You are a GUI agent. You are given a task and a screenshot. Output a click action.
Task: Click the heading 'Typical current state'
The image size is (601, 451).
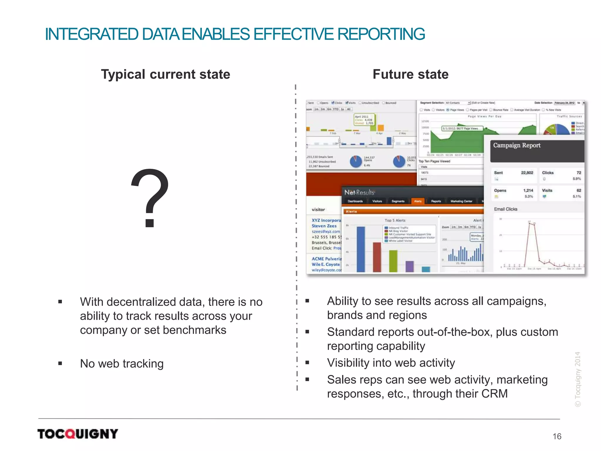click(x=166, y=74)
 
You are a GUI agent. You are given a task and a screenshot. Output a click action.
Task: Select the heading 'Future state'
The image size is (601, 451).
click(x=410, y=74)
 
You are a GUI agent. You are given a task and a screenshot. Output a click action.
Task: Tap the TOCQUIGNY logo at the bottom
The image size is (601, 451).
click(x=78, y=434)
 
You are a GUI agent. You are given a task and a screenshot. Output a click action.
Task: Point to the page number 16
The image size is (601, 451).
click(x=557, y=436)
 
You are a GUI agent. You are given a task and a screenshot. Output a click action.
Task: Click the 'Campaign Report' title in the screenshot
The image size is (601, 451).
click(x=516, y=145)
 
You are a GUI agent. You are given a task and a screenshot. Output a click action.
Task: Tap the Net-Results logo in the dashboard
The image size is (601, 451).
click(x=359, y=193)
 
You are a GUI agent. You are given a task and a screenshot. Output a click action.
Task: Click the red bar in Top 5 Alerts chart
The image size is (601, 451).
click(x=377, y=257)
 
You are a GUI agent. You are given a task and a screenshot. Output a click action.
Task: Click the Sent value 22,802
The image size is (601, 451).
click(x=527, y=173)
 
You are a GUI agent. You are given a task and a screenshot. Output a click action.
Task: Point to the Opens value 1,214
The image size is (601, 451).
click(x=528, y=190)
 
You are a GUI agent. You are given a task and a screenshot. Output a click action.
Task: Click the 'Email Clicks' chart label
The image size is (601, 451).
click(x=505, y=209)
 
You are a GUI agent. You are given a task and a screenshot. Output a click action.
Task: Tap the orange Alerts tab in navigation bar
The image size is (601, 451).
click(x=418, y=201)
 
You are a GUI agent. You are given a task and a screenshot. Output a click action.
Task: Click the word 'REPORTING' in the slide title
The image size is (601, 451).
click(x=381, y=34)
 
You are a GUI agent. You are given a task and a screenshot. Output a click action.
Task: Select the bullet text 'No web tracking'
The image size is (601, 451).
click(x=122, y=364)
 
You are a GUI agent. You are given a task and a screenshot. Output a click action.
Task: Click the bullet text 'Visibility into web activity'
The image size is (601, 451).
click(x=391, y=363)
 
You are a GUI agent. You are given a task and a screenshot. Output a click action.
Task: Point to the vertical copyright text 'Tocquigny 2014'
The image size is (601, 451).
click(x=578, y=379)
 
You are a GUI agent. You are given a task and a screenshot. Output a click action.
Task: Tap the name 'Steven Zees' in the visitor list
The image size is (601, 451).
click(x=324, y=226)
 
